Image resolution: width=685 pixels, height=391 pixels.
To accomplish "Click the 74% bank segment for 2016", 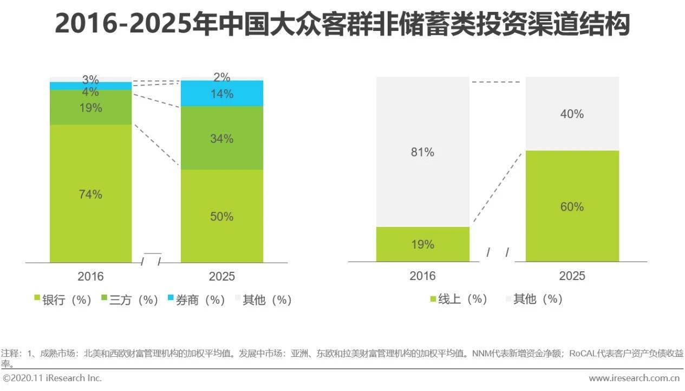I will click(90, 194).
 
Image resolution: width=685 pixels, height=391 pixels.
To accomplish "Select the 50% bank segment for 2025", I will click(221, 216).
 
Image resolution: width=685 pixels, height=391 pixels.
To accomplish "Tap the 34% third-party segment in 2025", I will click(221, 139).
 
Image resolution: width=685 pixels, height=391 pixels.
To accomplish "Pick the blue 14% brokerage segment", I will click(221, 94).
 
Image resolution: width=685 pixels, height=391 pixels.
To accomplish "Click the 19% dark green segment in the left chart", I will click(90, 108).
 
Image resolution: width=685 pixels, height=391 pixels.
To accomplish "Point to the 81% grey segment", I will click(422, 152).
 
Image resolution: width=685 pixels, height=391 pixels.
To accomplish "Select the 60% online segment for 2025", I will click(572, 207).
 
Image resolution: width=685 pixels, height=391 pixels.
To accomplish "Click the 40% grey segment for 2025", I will click(572, 114).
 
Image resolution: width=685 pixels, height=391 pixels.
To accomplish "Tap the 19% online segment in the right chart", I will click(422, 244).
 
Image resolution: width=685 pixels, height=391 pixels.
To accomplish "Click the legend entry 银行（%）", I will click(63, 299).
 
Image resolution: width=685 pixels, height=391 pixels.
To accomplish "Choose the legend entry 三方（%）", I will click(130, 299).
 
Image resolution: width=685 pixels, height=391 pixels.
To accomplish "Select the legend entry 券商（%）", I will click(196, 299).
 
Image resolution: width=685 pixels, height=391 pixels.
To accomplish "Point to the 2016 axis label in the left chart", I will click(90, 276).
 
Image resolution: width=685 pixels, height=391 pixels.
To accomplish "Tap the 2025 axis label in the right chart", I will click(572, 276).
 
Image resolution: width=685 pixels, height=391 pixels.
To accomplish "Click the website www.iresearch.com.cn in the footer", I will click(634, 378).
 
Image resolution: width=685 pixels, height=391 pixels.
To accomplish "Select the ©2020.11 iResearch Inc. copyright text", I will click(52, 378).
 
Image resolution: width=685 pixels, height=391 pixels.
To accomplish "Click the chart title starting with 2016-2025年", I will click(342, 24).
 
